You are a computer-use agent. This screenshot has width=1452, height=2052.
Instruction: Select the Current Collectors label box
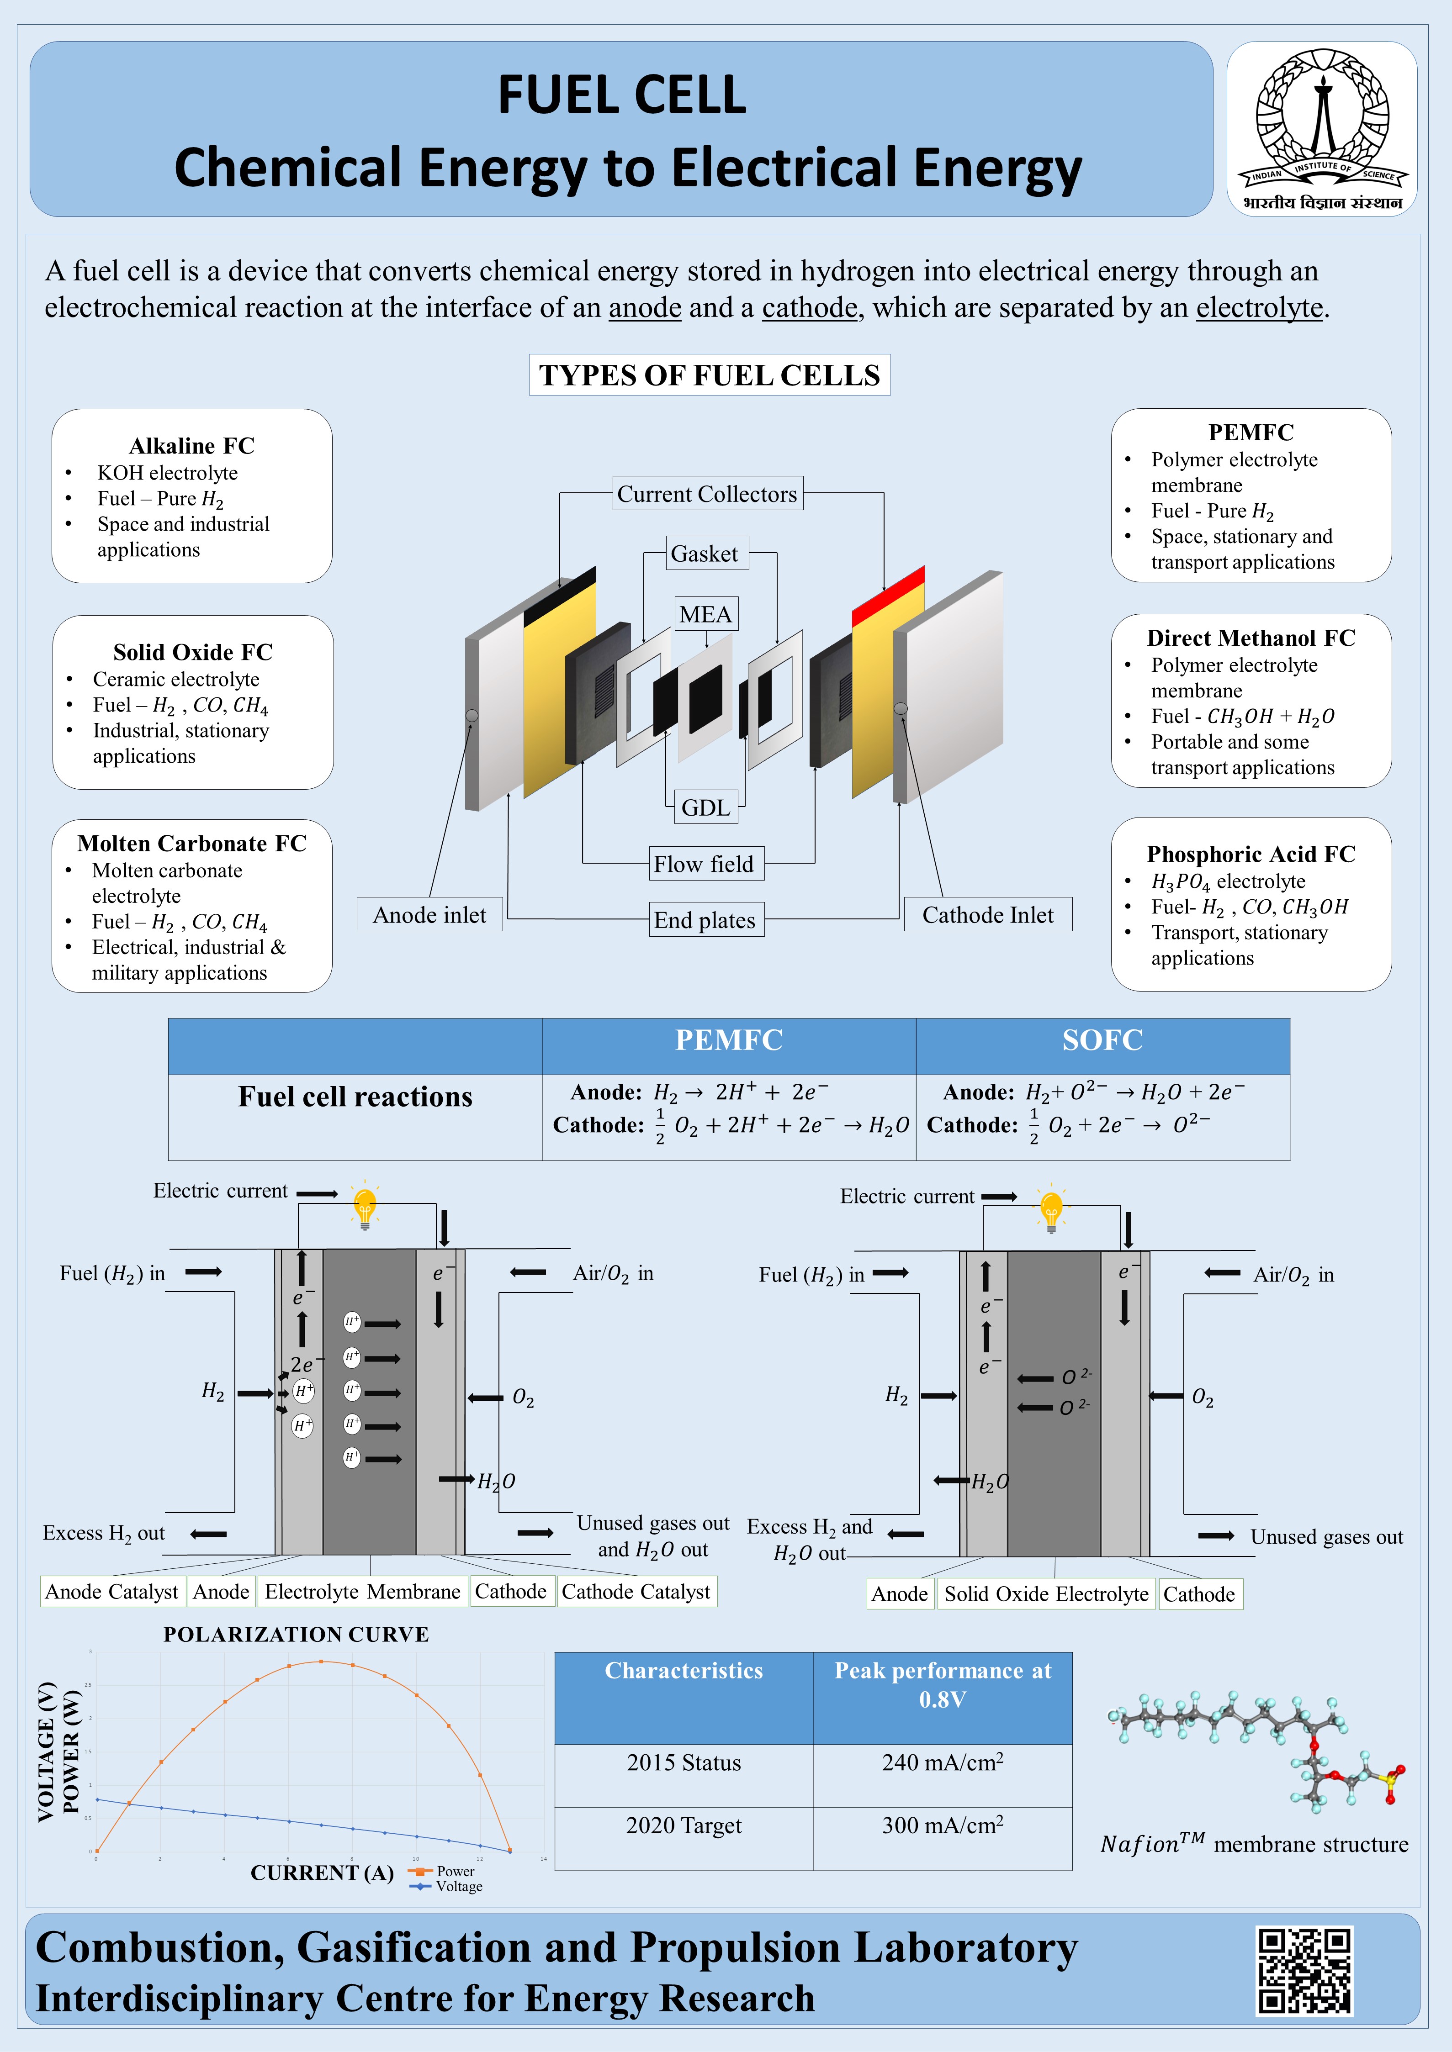pyautogui.click(x=707, y=493)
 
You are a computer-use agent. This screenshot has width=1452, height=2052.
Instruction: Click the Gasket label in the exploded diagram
pyautogui.click(x=705, y=553)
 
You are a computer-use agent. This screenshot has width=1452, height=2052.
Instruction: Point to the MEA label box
pyautogui.click(x=705, y=614)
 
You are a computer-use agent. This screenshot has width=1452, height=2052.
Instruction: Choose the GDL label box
pyautogui.click(x=705, y=807)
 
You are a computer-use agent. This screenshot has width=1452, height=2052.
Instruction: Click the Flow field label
pyautogui.click(x=704, y=863)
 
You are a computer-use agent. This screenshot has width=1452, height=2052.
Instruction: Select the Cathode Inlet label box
pyautogui.click(x=988, y=914)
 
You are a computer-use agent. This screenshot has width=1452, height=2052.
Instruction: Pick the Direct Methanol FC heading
pyautogui.click(x=1251, y=637)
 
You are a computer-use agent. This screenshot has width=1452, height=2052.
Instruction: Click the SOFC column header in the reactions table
pyautogui.click(x=1102, y=1040)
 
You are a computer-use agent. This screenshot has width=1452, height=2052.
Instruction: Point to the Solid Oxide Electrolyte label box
pyautogui.click(x=1046, y=1593)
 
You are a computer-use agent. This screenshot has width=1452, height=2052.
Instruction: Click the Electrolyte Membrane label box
pyautogui.click(x=362, y=1591)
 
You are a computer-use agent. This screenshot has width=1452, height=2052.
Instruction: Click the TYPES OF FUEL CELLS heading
pyautogui.click(x=709, y=375)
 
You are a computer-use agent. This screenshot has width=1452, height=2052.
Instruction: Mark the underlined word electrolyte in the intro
pyautogui.click(x=1259, y=307)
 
